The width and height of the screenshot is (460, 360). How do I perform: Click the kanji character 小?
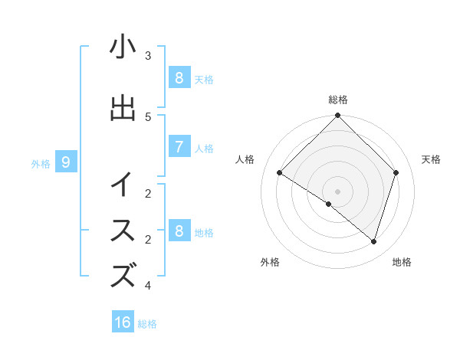(x=123, y=47)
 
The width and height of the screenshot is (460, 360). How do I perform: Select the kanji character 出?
(x=123, y=108)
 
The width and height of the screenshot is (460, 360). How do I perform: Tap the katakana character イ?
(x=123, y=185)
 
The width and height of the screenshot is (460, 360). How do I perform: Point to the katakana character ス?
(x=123, y=231)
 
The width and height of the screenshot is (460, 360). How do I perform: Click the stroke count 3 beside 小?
(x=148, y=56)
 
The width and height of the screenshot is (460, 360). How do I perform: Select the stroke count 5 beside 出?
(x=148, y=117)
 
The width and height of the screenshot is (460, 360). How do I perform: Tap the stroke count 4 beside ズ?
(x=148, y=286)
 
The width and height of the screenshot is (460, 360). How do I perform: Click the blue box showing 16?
(x=123, y=322)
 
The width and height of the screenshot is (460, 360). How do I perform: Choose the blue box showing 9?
(x=66, y=162)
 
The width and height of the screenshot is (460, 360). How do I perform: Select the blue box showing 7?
(x=179, y=146)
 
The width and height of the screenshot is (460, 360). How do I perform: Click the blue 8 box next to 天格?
(x=179, y=77)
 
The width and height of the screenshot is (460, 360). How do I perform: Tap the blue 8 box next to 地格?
(x=179, y=231)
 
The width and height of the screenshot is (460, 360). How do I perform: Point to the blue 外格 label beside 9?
(x=40, y=163)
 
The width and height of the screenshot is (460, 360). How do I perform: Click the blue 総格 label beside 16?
(x=147, y=324)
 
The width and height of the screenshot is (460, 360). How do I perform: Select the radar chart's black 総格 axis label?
(x=338, y=100)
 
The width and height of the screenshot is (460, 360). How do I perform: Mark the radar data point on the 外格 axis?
(x=329, y=204)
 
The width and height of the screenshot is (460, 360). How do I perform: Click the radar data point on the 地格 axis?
(x=373, y=241)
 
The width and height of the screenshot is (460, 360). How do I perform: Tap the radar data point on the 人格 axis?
(x=280, y=173)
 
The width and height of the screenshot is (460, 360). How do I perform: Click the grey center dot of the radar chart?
(x=338, y=191)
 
